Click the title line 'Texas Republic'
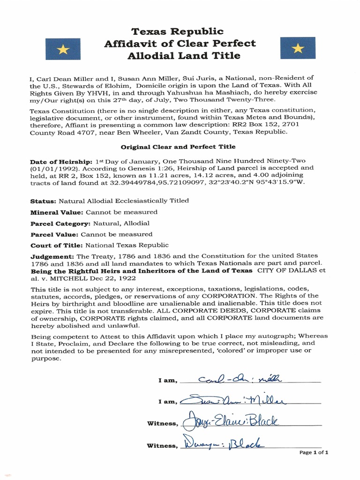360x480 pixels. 177,31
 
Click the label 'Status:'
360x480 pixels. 43,201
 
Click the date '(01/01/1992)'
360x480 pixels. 50,167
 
